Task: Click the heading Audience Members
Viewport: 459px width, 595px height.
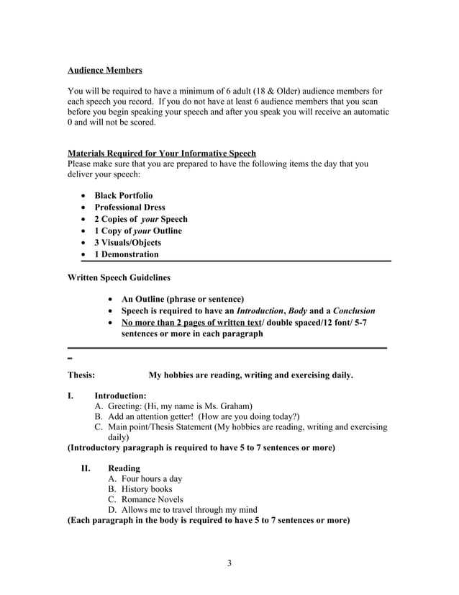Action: [x=104, y=71]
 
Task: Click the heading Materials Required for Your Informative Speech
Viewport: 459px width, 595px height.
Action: [x=161, y=153]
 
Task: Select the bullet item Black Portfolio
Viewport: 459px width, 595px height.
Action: [x=123, y=195]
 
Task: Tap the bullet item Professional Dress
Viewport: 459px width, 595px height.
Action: [x=129, y=207]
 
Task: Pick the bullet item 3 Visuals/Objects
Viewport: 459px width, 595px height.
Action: [x=127, y=242]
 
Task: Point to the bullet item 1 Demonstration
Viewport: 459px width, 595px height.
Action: [x=127, y=254]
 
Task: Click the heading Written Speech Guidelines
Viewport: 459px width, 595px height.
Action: [x=119, y=277]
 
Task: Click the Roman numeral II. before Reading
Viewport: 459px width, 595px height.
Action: [x=86, y=468]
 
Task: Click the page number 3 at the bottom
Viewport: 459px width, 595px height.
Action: [x=229, y=563]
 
